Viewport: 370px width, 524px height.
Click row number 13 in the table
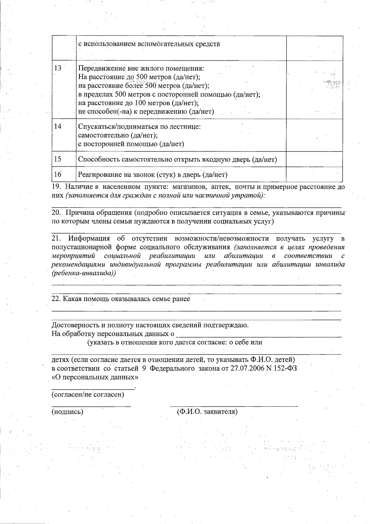pos(57,68)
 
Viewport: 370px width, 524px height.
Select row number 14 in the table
pos(58,126)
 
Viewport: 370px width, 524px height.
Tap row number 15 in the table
pos(58,159)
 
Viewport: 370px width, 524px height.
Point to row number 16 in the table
pos(58,175)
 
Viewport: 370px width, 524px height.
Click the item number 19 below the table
pos(55,187)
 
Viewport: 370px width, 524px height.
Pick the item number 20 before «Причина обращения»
pos(55,213)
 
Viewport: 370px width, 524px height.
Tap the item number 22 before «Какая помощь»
pos(55,299)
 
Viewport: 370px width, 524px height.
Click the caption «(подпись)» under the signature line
pos(67,412)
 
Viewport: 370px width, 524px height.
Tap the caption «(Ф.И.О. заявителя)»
pos(207,412)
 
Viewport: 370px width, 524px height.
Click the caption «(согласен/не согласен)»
pos(88,394)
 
